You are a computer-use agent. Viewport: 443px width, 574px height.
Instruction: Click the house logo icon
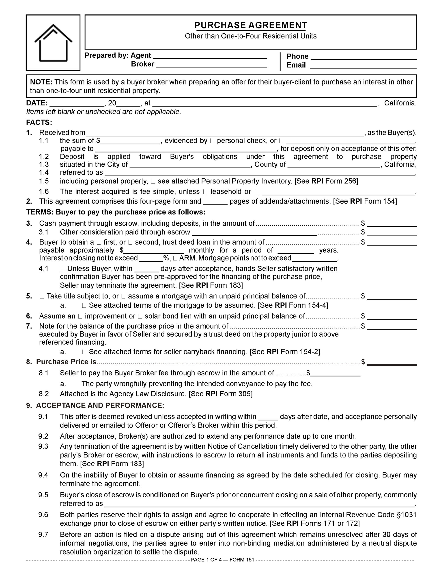point(53,43)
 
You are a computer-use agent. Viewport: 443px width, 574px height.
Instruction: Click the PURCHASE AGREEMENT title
point(251,25)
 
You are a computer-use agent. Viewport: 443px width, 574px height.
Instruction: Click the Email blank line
point(363,66)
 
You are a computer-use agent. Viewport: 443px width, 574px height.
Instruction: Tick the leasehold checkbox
point(205,192)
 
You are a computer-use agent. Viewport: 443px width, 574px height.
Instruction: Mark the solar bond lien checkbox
point(140,316)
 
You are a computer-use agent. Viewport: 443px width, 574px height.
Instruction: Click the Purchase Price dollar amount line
point(392,363)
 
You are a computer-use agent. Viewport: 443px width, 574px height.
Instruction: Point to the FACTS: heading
point(39,122)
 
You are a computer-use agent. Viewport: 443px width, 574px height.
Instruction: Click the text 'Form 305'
point(236,394)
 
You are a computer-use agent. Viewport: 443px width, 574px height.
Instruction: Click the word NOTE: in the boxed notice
point(41,82)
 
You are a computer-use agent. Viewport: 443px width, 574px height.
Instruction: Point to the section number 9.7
point(43,535)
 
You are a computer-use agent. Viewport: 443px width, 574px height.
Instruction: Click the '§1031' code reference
point(406,515)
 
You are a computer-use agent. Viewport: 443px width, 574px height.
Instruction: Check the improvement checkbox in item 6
point(80,316)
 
